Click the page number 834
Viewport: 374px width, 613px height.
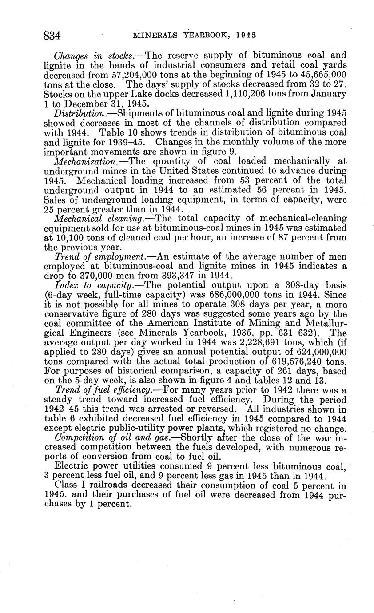[x=52, y=35]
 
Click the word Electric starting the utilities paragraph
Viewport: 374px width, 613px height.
[x=72, y=466]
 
